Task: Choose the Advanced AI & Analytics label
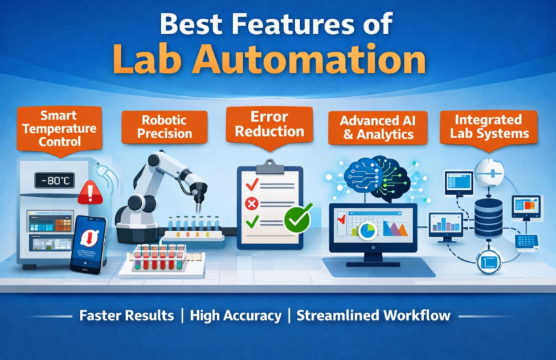377,127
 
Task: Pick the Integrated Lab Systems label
488,126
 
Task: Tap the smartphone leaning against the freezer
88,242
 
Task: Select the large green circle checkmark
298,219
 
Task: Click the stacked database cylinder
488,217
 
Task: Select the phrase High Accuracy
235,315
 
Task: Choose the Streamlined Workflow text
374,315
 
